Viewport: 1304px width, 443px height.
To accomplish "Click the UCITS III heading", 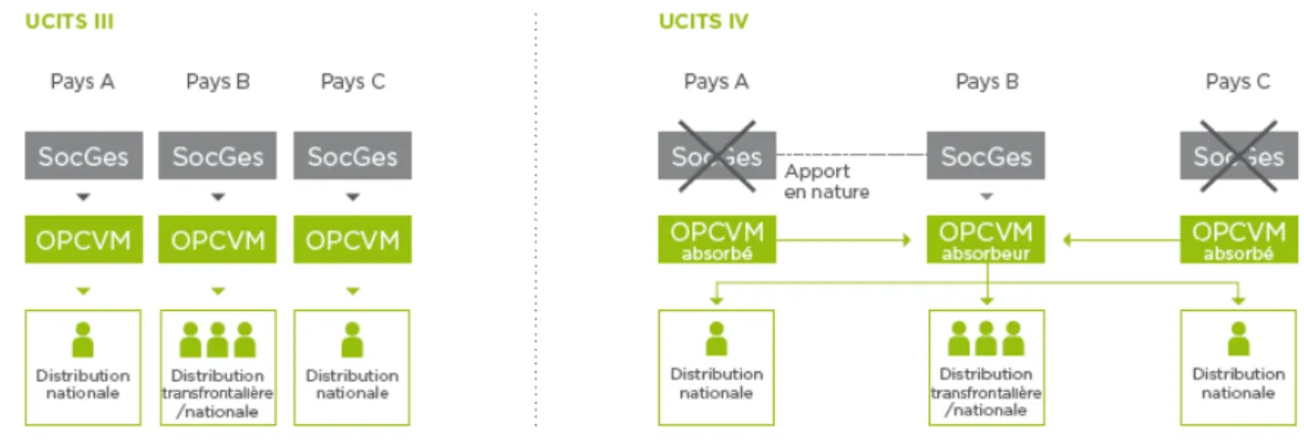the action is (70, 22).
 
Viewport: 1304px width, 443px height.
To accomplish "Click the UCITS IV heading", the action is (703, 22).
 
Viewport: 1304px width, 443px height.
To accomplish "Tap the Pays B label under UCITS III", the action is (217, 82).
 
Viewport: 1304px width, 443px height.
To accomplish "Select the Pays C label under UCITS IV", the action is (1237, 82).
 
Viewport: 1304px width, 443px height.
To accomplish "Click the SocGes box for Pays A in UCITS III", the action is (84, 155).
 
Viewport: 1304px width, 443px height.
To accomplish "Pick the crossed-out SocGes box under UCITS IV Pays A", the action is (717, 155).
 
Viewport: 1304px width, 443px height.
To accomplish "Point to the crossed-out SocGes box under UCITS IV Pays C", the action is (1238, 155).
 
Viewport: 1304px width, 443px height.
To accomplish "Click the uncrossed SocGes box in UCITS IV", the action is (986, 155).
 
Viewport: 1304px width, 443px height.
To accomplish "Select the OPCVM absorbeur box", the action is (986, 240).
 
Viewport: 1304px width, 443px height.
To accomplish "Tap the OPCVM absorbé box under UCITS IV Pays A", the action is (717, 240).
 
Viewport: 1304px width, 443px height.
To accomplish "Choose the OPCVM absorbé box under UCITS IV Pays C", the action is (1238, 240).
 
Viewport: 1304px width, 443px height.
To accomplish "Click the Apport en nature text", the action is (826, 181).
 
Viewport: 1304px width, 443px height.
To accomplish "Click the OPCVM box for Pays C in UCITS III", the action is (352, 240).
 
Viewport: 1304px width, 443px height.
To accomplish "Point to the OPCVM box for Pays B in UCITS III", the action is (217, 240).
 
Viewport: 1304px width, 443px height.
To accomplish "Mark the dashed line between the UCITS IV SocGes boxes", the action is (851, 155).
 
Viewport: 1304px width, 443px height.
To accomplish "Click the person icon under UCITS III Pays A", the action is (82, 339).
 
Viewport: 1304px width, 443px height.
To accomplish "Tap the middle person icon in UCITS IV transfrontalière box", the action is (986, 338).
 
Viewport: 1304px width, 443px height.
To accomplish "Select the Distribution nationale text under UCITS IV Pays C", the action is (1238, 383).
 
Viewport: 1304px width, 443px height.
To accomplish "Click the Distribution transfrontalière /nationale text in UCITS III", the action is (217, 393).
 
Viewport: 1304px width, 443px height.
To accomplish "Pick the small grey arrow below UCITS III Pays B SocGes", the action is (217, 198).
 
